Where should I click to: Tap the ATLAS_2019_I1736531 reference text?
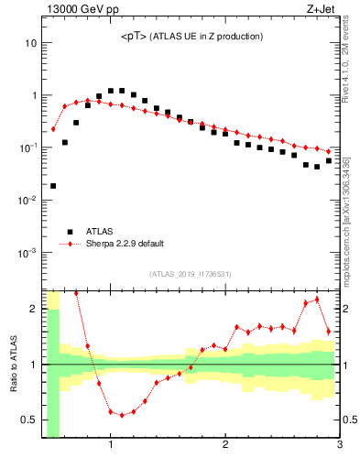pyautogui.click(x=191, y=274)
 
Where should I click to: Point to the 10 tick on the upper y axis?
pyautogui.click(x=30, y=43)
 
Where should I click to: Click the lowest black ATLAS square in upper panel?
pyautogui.click(x=53, y=186)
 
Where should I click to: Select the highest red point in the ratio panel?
pyautogui.click(x=317, y=300)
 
